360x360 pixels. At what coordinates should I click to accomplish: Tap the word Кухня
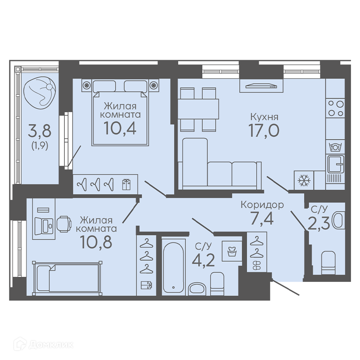coord(264,117)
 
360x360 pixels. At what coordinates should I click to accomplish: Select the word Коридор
coord(262,204)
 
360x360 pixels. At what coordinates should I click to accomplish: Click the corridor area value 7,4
coord(262,219)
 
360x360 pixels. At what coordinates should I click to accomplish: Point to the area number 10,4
coord(120,128)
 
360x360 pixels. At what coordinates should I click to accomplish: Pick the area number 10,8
coord(96,242)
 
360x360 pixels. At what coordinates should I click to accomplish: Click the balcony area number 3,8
coord(40,131)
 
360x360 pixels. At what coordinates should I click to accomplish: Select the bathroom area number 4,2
coord(203,260)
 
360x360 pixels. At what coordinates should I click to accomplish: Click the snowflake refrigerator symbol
coord(304,180)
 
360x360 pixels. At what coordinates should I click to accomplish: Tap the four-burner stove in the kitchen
coord(336,109)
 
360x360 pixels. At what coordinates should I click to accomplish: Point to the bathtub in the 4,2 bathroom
coord(174,266)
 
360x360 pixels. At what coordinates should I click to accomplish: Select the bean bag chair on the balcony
coord(40,91)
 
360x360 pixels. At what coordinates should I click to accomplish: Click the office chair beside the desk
coord(64,224)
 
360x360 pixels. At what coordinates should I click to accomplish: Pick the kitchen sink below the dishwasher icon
coord(336,164)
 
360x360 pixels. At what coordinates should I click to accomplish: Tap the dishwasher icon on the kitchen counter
coord(336,147)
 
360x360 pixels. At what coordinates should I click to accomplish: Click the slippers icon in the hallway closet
coord(257,266)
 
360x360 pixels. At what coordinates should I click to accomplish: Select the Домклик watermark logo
coord(44,345)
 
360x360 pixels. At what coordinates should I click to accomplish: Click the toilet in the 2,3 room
coord(328,263)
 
